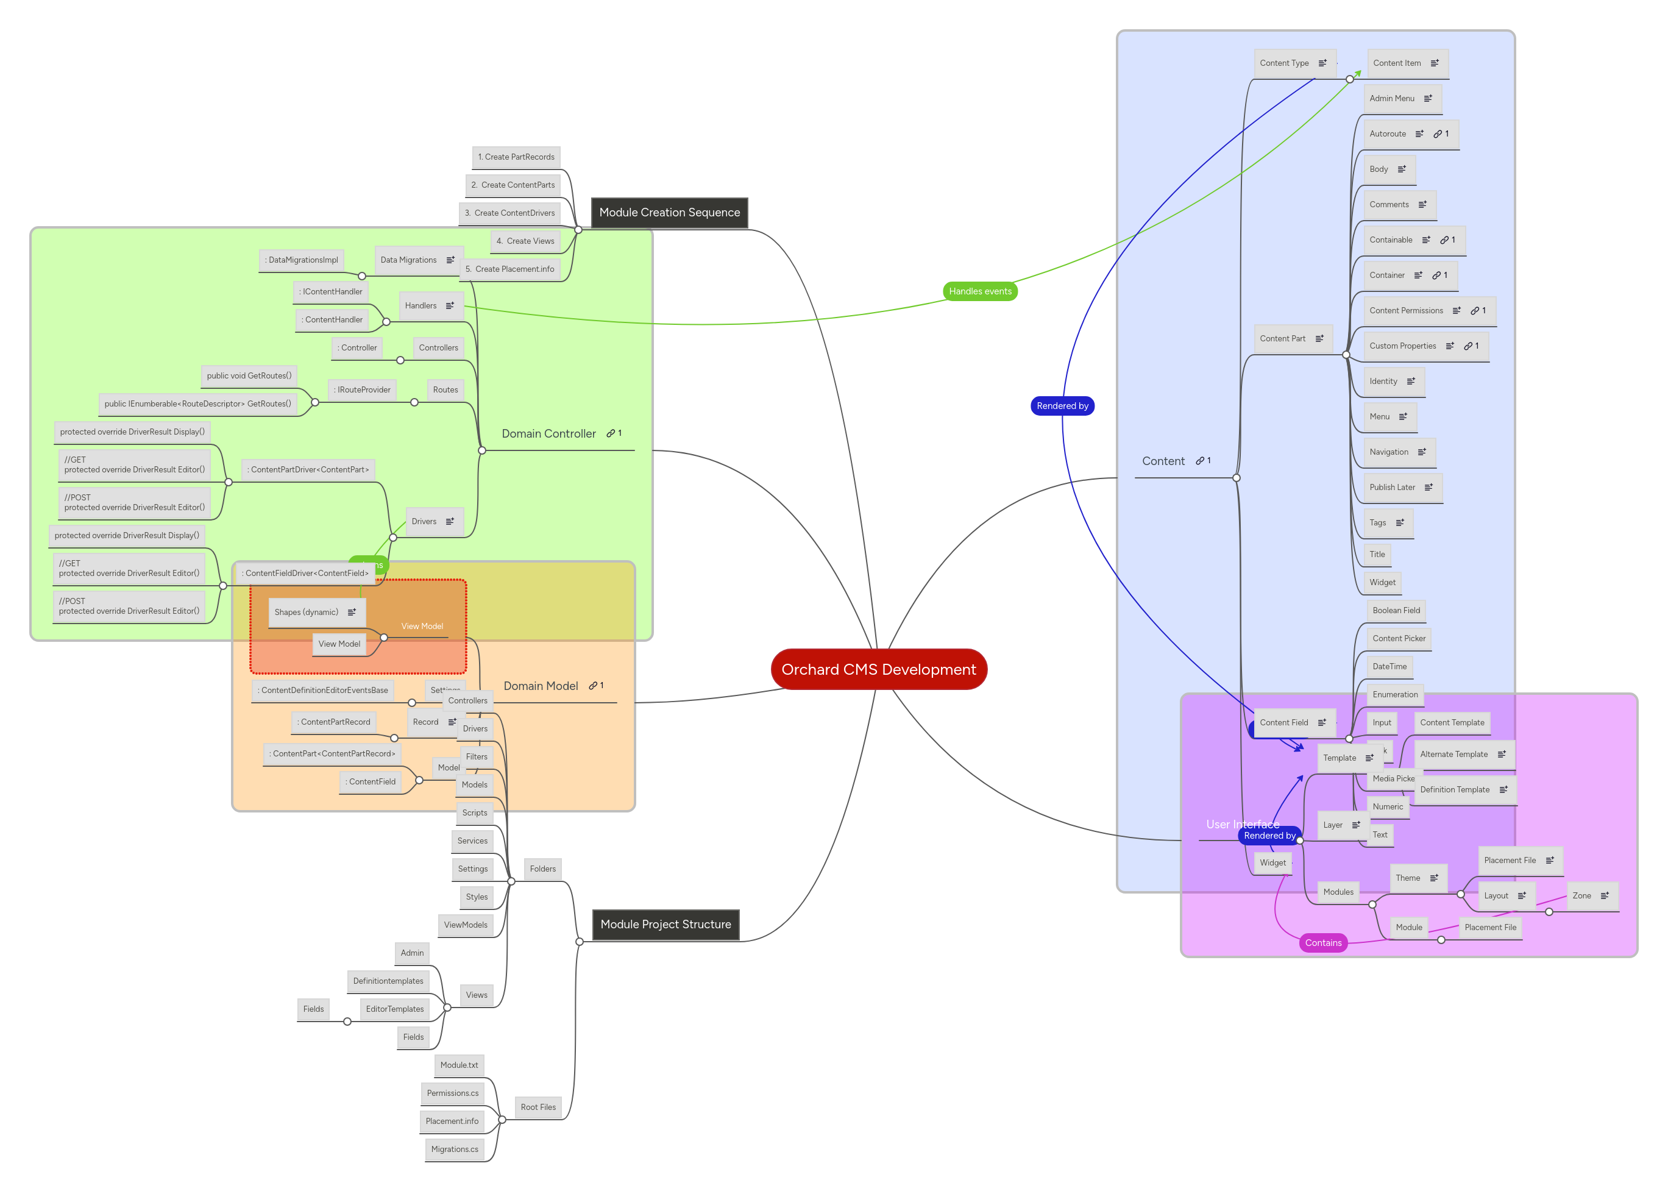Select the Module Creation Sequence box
click(669, 213)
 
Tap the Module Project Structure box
click(665, 924)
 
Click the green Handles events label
click(979, 291)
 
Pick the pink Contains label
click(1322, 942)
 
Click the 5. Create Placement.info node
click(509, 269)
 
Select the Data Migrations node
click(408, 260)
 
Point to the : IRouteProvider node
click(362, 389)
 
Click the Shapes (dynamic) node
click(307, 613)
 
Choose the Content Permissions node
click(1405, 311)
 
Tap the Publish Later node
click(1391, 487)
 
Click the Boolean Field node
click(1396, 610)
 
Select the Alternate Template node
click(1453, 754)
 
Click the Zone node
click(1581, 895)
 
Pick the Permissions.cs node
click(452, 1093)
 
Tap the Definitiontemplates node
click(388, 981)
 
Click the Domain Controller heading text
click(548, 433)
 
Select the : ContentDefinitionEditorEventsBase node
click(322, 690)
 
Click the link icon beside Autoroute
click(1437, 134)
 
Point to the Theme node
click(1407, 878)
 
